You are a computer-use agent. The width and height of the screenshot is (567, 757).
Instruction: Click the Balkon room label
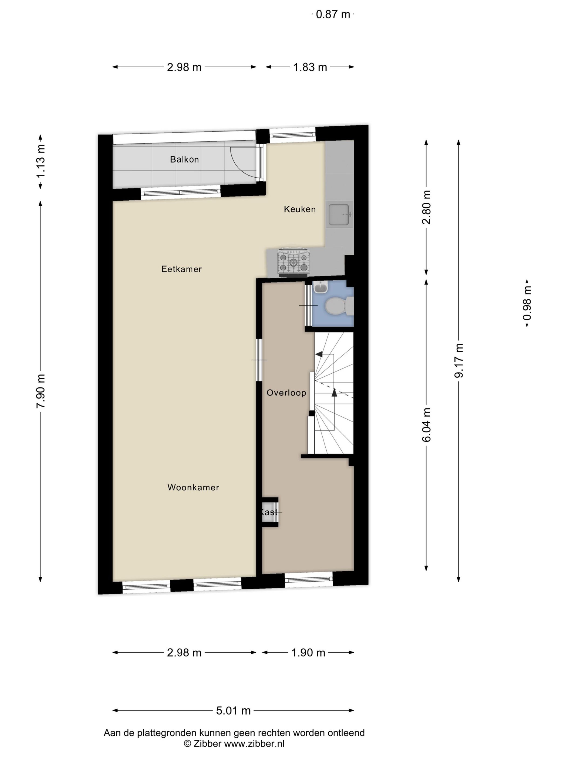click(x=184, y=160)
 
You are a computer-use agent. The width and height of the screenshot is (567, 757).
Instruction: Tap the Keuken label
click(x=299, y=209)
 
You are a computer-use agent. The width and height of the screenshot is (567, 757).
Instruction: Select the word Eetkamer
click(x=181, y=269)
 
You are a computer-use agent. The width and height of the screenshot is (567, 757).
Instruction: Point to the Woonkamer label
click(x=193, y=487)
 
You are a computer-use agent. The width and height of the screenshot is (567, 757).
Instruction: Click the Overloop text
click(x=286, y=393)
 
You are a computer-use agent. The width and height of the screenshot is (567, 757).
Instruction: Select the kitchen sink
click(x=339, y=215)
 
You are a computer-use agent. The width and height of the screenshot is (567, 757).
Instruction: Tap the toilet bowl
click(x=335, y=306)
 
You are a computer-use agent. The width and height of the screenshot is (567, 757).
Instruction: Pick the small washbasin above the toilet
click(x=320, y=287)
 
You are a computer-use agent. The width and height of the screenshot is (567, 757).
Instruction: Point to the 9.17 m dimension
click(x=459, y=360)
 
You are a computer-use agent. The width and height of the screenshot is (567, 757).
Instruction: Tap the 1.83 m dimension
click(x=310, y=67)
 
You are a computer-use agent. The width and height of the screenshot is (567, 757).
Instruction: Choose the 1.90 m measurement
click(x=308, y=652)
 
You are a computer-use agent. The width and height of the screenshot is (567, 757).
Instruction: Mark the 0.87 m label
click(x=333, y=14)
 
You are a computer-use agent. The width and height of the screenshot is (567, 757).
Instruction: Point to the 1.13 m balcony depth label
click(x=40, y=161)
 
